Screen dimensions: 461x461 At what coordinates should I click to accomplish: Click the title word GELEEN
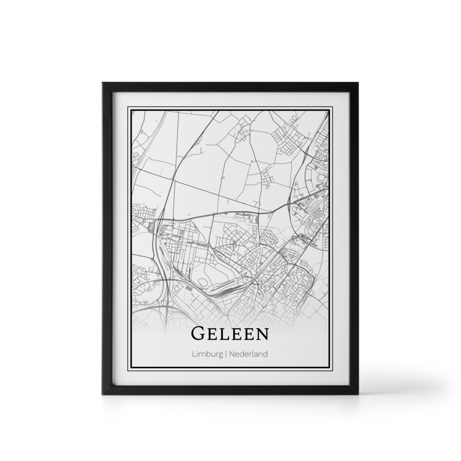coord(230,333)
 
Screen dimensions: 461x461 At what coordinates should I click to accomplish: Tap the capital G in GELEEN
coord(199,333)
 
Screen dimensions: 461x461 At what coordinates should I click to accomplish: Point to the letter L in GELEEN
coord(225,334)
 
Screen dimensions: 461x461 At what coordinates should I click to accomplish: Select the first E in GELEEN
coord(213,334)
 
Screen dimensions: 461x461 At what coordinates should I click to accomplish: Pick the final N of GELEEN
coord(262,334)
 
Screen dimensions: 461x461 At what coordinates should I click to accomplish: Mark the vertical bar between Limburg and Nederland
coord(227,354)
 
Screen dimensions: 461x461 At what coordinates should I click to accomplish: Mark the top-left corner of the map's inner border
coord(129,108)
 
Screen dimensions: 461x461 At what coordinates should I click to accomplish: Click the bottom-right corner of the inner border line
coord(332,369)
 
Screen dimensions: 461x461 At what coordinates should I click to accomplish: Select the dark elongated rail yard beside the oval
coord(225,286)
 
